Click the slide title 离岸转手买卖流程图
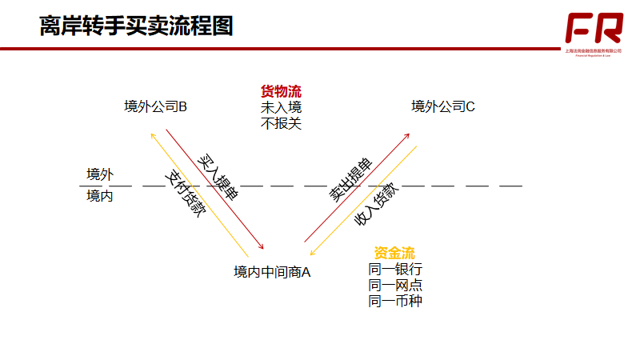(x=136, y=26)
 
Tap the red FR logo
(x=594, y=30)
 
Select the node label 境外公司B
(x=156, y=106)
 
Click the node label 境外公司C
(x=444, y=106)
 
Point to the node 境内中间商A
(x=272, y=273)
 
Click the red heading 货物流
(x=281, y=91)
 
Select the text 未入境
(x=281, y=107)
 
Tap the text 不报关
(x=281, y=123)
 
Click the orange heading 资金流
(x=394, y=253)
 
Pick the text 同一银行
(x=394, y=269)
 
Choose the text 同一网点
(x=394, y=285)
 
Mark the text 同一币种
(x=394, y=301)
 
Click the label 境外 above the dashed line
(x=100, y=174)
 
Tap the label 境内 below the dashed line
(x=100, y=195)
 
